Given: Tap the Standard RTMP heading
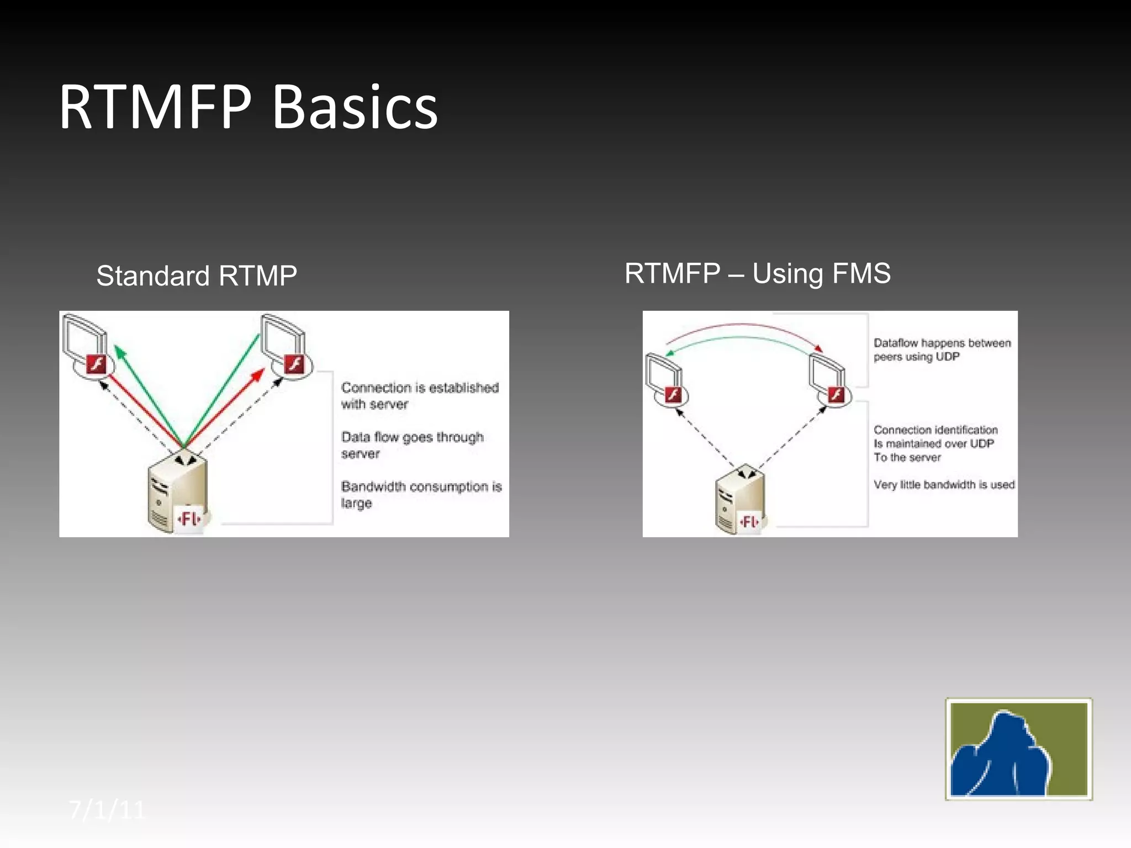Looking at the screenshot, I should (x=197, y=276).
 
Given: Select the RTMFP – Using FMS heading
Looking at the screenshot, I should (x=757, y=273).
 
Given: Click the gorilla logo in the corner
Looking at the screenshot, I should (x=1018, y=749).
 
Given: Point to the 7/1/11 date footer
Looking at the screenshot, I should (x=107, y=810).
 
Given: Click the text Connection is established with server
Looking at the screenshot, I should (x=420, y=396).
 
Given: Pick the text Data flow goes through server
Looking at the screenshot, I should (x=412, y=445).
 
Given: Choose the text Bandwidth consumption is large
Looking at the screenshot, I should (x=421, y=494).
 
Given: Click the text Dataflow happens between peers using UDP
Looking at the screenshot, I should (x=942, y=350).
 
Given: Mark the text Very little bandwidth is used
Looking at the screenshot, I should (x=944, y=485).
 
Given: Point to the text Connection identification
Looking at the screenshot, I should (x=936, y=430).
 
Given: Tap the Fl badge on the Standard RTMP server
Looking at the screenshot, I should (x=189, y=519).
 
